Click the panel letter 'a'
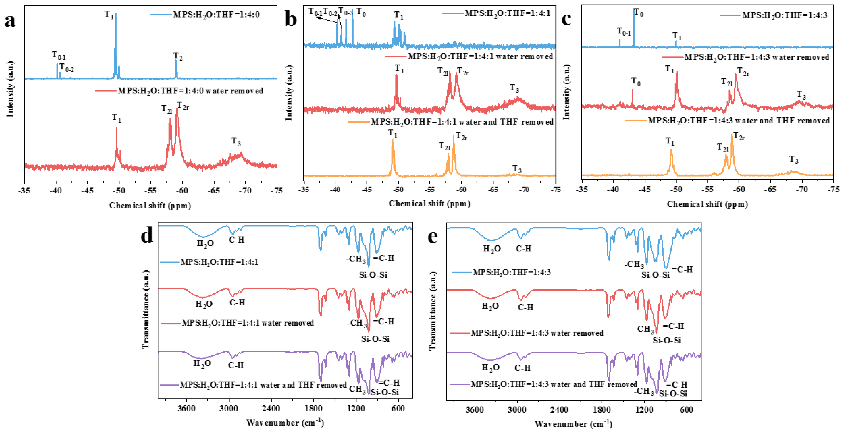pos(10,22)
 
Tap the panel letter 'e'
pos(433,236)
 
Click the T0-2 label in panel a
pos(66,68)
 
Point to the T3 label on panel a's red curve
pos(236,142)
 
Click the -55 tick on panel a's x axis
pos(150,191)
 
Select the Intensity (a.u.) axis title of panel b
pos(289,92)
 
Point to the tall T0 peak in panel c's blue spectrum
pos(634,26)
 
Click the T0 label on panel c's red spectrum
pos(636,81)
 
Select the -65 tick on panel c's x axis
pos(770,189)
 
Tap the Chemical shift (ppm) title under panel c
pos(707,205)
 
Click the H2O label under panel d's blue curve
pos(205,244)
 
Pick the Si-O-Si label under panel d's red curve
pos(375,339)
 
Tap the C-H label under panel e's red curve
pos(526,307)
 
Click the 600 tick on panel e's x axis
pos(686,410)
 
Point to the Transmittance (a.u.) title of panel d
pos(146,309)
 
